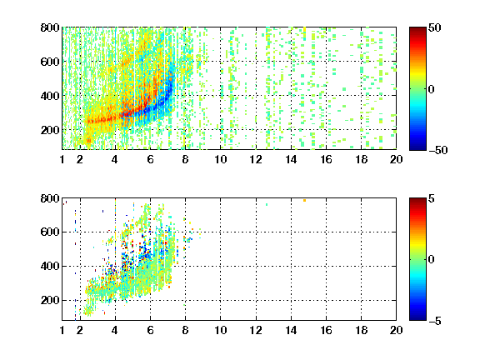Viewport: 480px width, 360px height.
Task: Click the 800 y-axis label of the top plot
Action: [x=50, y=27]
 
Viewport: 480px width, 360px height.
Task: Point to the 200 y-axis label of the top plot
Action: [x=50, y=130]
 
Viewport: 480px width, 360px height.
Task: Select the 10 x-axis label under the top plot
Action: [x=220, y=159]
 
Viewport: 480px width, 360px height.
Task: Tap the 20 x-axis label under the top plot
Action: [x=396, y=159]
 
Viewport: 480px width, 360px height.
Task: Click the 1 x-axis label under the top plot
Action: [x=62, y=159]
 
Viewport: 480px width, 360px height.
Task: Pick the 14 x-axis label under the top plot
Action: [x=291, y=159]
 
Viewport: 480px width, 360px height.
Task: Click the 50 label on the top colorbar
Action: [x=435, y=27]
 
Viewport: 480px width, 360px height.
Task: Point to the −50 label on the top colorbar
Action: [x=438, y=150]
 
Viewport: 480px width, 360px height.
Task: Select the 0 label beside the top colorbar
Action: [x=432, y=89]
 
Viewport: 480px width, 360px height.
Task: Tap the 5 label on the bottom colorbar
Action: [x=432, y=198]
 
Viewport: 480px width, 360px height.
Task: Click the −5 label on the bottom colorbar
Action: [x=435, y=321]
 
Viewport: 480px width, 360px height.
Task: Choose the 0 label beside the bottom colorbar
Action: [x=432, y=260]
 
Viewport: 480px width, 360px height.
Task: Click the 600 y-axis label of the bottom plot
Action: [x=50, y=232]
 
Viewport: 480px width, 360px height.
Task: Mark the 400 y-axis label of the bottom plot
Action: [x=50, y=266]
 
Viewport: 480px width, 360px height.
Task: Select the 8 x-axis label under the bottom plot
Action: [x=185, y=330]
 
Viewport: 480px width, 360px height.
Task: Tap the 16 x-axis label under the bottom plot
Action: [x=326, y=330]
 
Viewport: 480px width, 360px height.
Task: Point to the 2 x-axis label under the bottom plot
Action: [x=80, y=330]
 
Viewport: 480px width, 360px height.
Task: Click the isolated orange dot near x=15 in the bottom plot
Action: [x=305, y=201]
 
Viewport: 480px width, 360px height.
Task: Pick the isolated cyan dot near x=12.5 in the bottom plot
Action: [x=267, y=204]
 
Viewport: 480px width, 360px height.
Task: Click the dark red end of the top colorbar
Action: [x=417, y=29]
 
